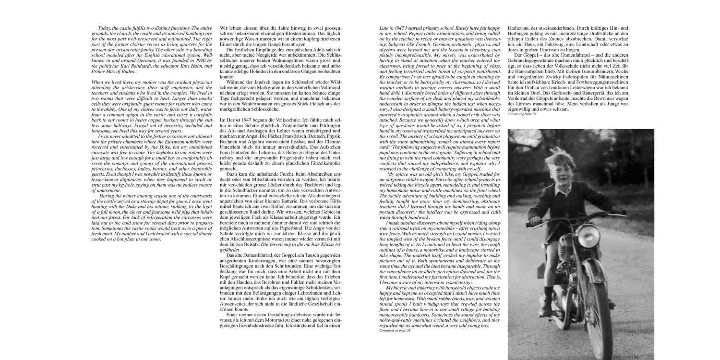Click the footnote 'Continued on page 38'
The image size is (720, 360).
tap(395, 330)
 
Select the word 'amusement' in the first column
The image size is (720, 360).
tap(107, 191)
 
